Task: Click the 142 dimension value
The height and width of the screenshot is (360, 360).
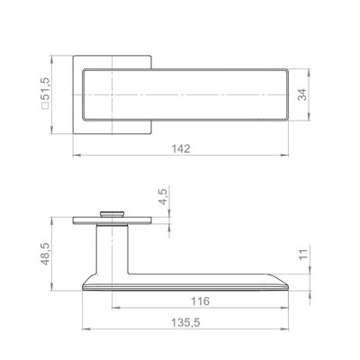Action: pos(181,148)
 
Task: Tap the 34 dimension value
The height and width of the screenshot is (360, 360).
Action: pos(302,94)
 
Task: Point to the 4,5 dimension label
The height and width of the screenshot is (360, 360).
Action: pos(164,195)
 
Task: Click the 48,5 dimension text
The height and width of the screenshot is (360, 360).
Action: pos(45,254)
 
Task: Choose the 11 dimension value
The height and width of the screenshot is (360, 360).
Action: pos(303,255)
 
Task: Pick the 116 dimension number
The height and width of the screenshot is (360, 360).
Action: pos(201,301)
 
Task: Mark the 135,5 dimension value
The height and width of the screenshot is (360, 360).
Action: pos(185,323)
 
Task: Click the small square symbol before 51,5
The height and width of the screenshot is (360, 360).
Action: pos(46,105)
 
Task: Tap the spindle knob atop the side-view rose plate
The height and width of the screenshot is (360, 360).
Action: pos(112,213)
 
